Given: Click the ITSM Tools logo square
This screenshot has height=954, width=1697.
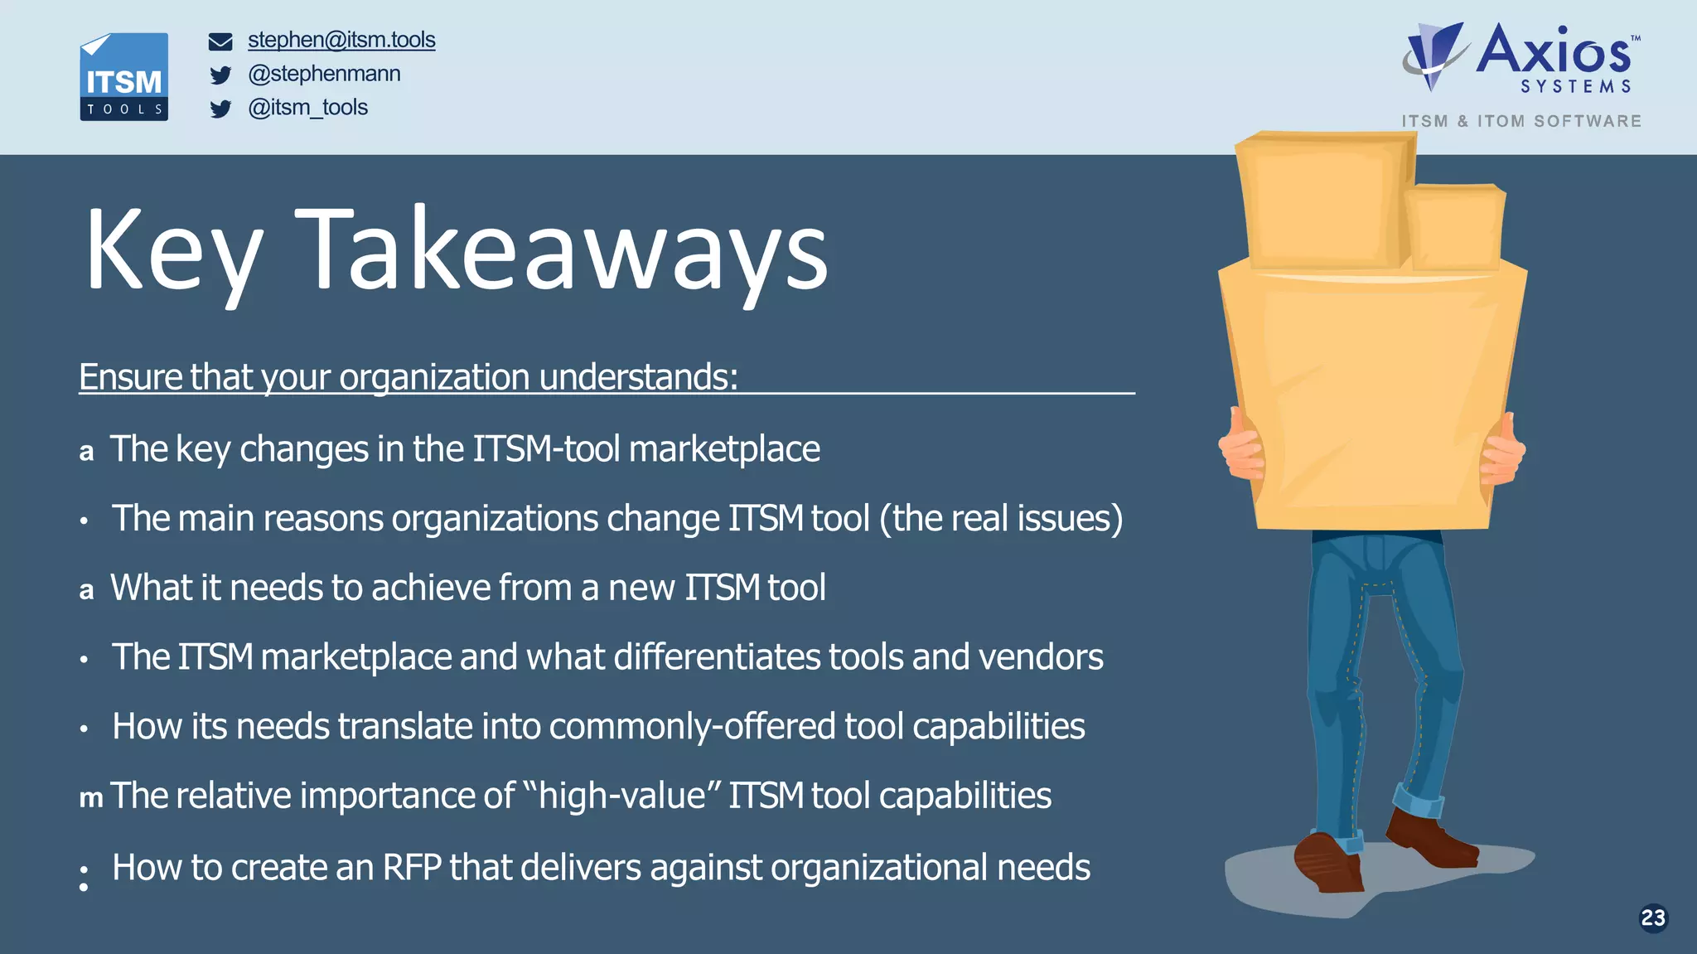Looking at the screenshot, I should click(x=123, y=77).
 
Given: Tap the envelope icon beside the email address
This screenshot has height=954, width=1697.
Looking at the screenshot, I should click(x=220, y=41).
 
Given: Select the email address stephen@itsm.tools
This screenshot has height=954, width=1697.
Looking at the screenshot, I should click(x=341, y=40).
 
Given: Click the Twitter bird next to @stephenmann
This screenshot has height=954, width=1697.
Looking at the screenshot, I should click(x=220, y=75).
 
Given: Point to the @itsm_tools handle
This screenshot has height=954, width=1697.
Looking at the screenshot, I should click(x=307, y=108).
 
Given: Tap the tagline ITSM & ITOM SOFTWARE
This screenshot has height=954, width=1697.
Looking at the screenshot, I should click(x=1521, y=121).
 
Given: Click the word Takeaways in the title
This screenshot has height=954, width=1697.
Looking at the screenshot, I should click(x=561, y=250).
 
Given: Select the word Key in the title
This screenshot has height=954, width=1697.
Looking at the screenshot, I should click(x=174, y=250).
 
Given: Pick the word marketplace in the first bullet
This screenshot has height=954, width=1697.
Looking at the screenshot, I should click(x=724, y=449).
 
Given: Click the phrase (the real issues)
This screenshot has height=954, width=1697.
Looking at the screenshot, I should click(x=1001, y=519).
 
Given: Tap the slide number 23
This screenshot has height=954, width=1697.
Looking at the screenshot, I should click(x=1652, y=918).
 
